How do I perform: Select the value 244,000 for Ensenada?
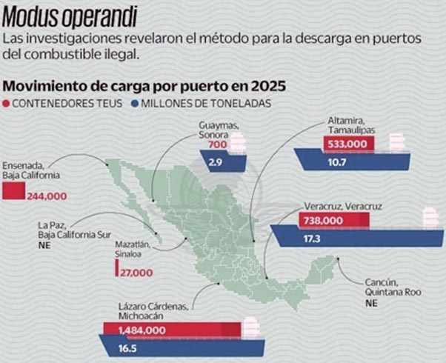(x=47, y=196)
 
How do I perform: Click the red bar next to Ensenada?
(x=13, y=191)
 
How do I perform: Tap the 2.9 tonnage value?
(x=216, y=161)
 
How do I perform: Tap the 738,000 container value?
(x=323, y=221)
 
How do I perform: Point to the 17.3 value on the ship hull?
(x=312, y=239)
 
